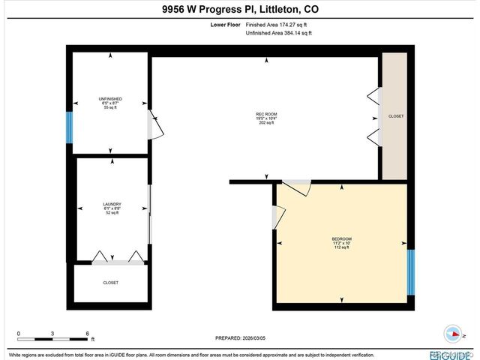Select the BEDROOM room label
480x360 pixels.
tap(341, 239)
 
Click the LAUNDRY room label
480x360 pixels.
tap(112, 204)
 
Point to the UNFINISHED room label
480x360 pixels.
tap(110, 99)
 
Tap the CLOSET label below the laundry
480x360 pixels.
tap(110, 283)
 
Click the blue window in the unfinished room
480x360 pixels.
tap(69, 127)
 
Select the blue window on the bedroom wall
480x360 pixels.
tap(410, 273)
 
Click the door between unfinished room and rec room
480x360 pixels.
tap(153, 127)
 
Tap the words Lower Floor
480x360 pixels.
tap(226, 25)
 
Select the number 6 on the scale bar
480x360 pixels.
tap(88, 333)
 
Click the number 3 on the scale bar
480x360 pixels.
tap(52, 333)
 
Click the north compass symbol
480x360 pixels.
tap(454, 334)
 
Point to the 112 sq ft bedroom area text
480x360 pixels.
tap(341, 248)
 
